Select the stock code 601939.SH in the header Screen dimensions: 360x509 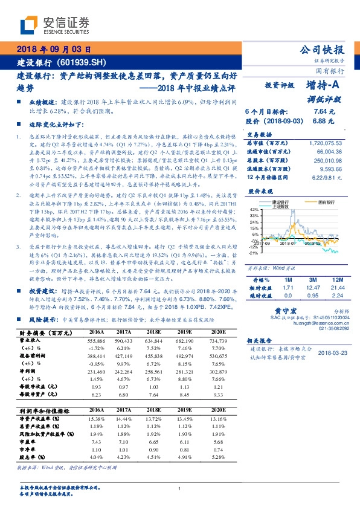(x=85, y=63)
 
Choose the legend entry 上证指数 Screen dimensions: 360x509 (x=281, y=206)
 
